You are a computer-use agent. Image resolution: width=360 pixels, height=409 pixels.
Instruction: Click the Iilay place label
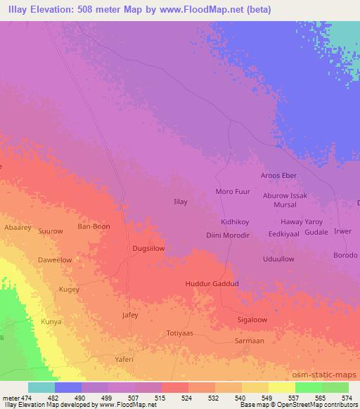pos(180,202)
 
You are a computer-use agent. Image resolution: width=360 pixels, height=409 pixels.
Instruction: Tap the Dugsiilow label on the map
pos(148,248)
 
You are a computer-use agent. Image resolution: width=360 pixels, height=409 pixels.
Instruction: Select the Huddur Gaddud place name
pos(212,283)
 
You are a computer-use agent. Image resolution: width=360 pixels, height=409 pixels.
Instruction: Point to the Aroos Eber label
pos(278,175)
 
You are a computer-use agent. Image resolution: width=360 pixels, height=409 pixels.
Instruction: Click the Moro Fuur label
pos(233,191)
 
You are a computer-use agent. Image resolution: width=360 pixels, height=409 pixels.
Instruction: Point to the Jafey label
pos(130,315)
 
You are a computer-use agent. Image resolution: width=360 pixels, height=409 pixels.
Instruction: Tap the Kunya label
pos(51,321)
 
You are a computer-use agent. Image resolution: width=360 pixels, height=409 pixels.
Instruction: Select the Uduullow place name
pos(278,259)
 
